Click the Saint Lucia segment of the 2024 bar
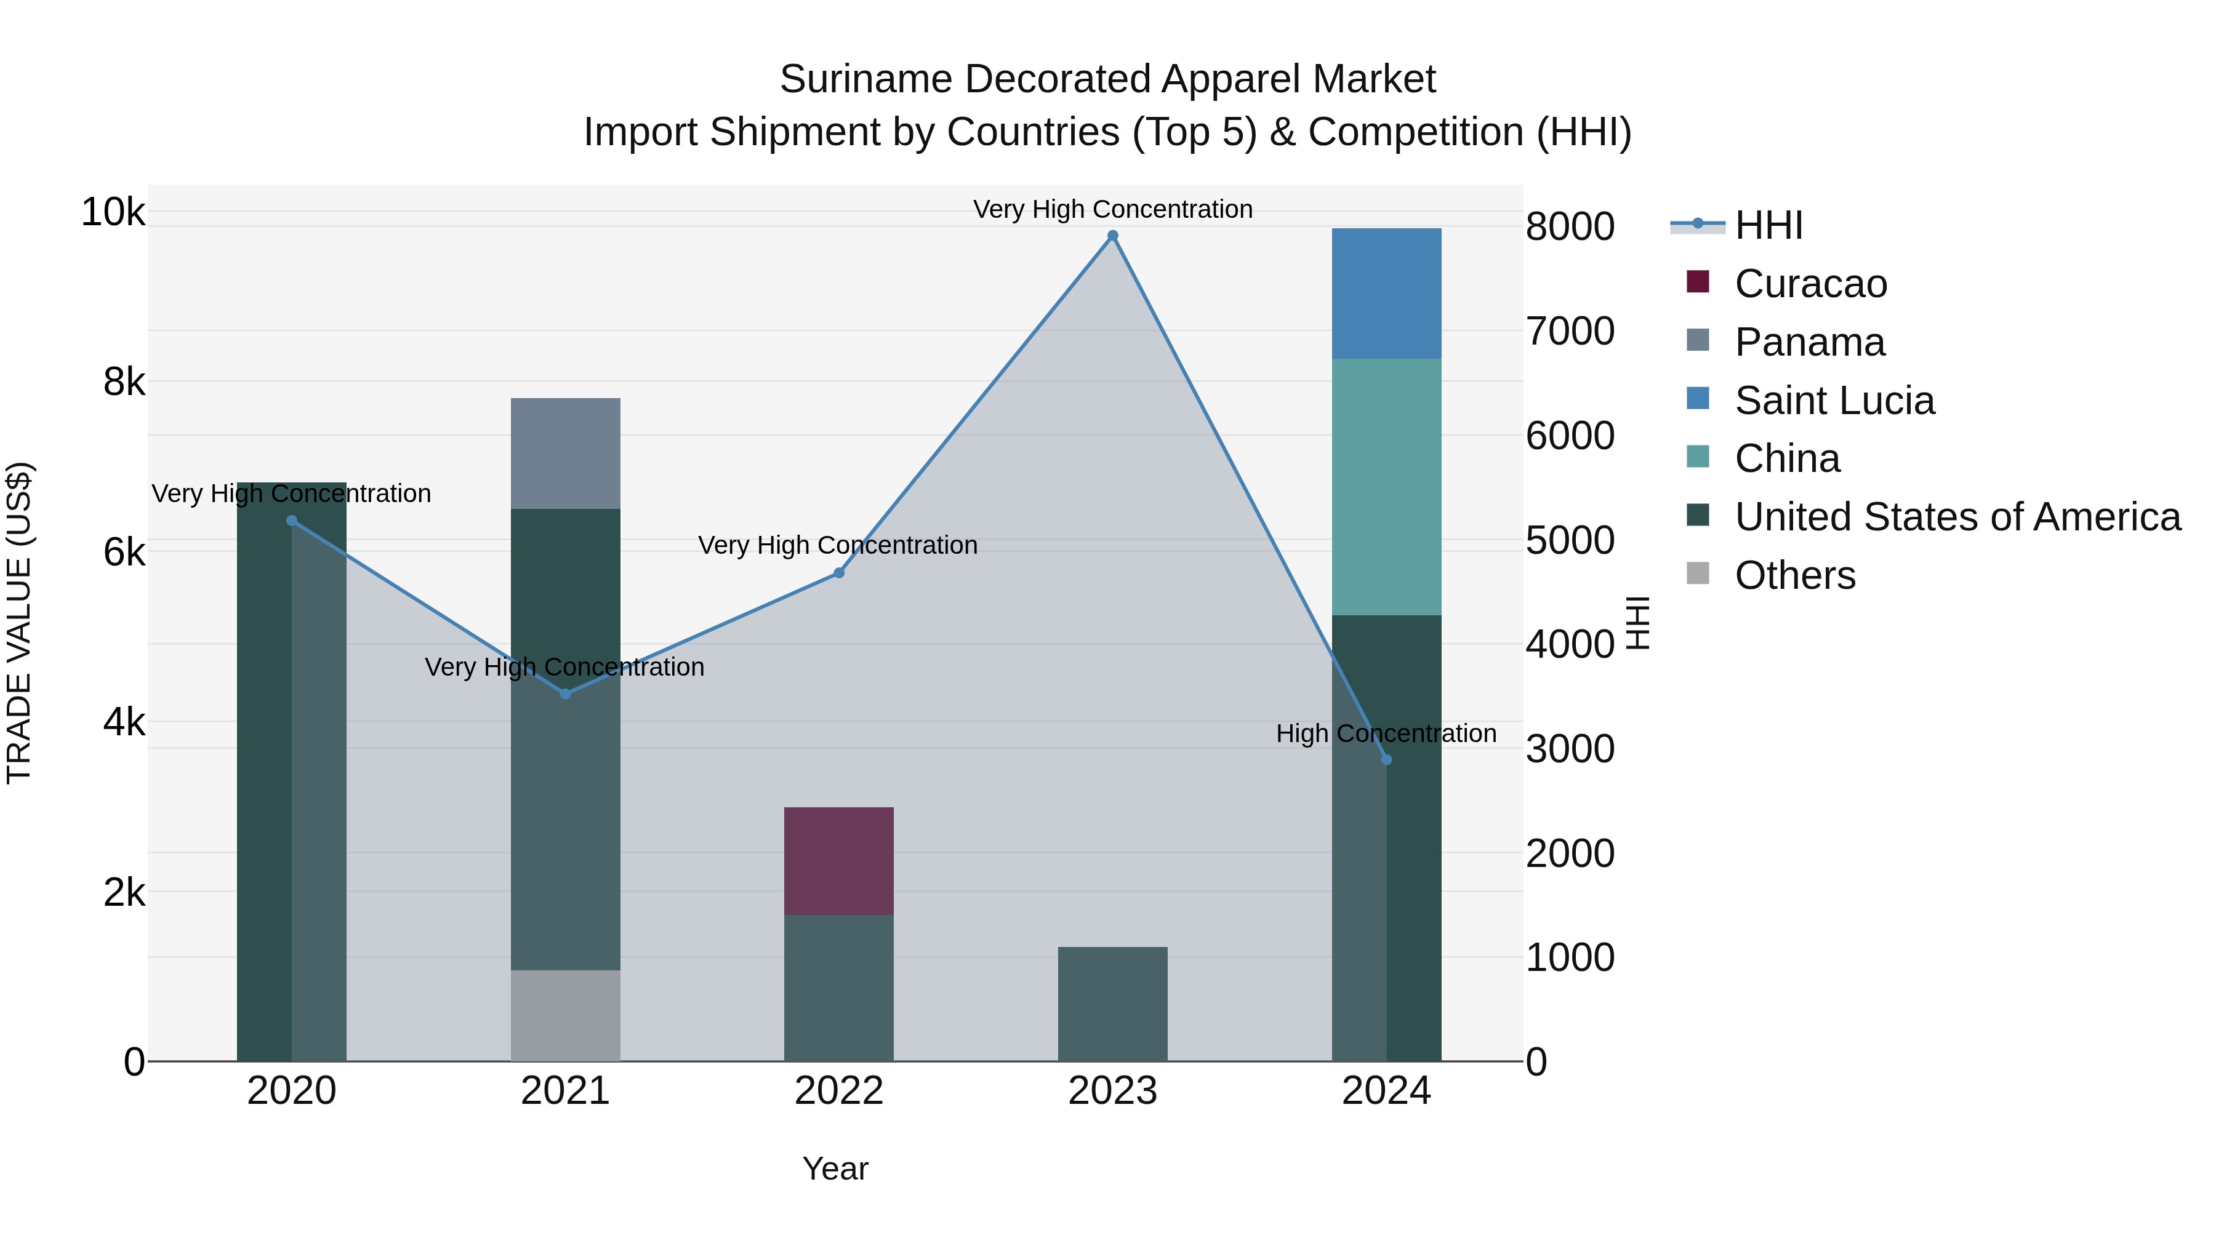point(1386,294)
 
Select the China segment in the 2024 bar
point(1386,487)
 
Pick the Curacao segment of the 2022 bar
point(839,861)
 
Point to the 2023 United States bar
point(1112,1004)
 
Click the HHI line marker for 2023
point(1112,236)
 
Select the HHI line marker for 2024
point(1386,760)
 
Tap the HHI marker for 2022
point(839,573)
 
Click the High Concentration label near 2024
point(1386,733)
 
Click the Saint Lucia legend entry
point(1834,401)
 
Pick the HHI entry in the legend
point(1768,225)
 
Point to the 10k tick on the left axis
point(113,212)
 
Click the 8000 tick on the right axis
point(1570,227)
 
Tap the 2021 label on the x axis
point(565,1091)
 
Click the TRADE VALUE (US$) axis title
point(19,623)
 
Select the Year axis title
point(835,1168)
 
